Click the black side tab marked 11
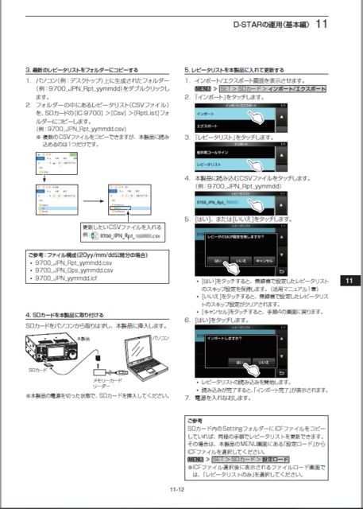tap(349, 280)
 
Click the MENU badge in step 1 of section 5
tap(191, 89)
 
